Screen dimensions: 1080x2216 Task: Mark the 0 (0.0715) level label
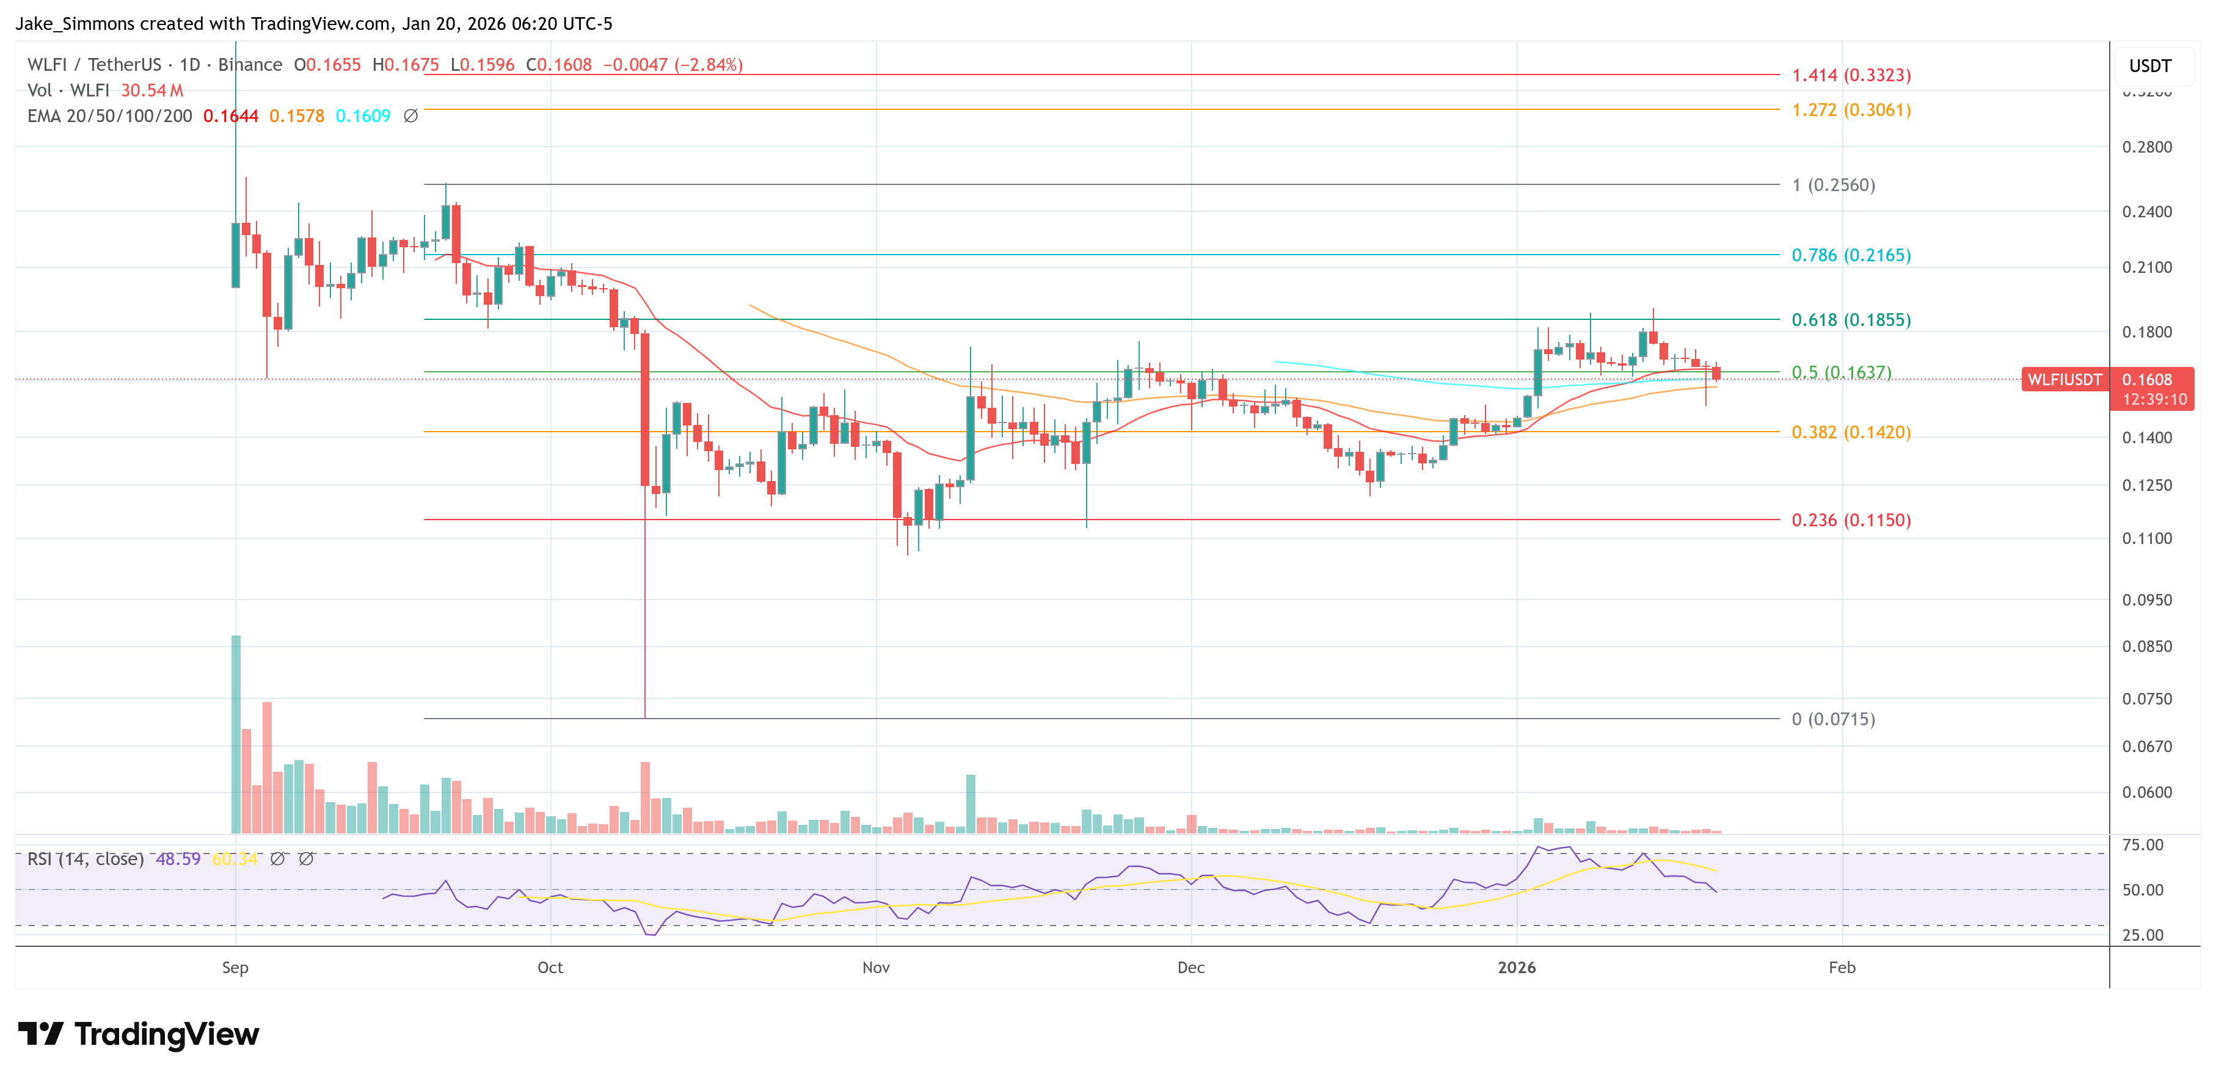(1832, 719)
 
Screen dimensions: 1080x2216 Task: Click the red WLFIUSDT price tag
(2065, 379)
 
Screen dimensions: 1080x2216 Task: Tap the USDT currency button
(2150, 66)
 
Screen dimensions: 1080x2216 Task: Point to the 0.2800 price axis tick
(2146, 147)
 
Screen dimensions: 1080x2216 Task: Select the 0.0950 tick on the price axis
(2146, 600)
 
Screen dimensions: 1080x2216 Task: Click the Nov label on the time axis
(876, 967)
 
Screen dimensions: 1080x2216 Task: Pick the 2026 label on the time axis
(1517, 967)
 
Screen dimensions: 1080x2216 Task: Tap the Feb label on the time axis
(1842, 967)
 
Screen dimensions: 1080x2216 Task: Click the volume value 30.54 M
(151, 90)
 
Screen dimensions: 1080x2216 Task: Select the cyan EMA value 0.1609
(362, 116)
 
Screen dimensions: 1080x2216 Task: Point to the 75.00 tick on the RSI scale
(2142, 844)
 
